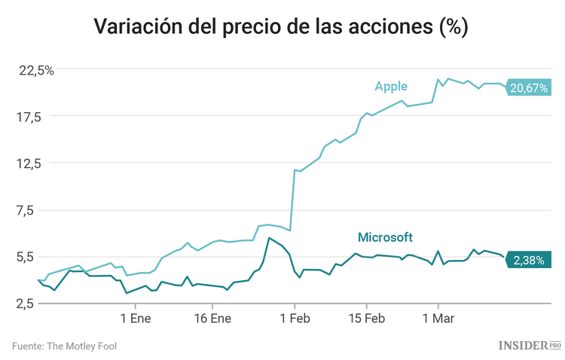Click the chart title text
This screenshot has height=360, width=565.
[282, 27]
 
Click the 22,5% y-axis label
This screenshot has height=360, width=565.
[36, 71]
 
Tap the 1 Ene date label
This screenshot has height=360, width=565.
[135, 318]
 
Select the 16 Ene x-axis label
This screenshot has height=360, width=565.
[212, 318]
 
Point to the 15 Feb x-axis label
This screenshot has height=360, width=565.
[366, 318]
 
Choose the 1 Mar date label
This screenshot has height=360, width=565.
[437, 318]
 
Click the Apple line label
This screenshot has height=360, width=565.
[391, 87]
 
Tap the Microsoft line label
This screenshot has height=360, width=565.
[385, 237]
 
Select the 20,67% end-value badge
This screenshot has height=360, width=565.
[529, 89]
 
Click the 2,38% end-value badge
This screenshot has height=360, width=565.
[529, 260]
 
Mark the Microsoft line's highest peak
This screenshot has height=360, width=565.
[269, 238]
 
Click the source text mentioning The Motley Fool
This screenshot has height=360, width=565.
[64, 346]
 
